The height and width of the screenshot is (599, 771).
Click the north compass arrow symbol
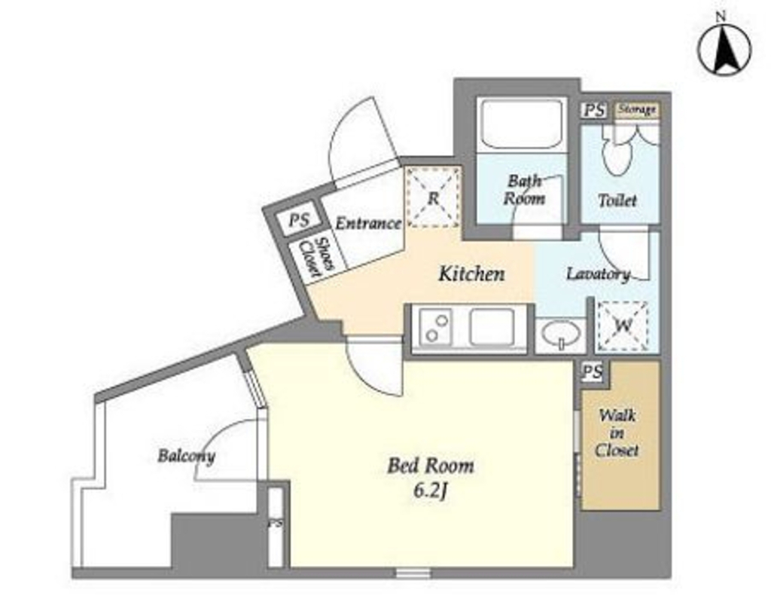pyautogui.click(x=724, y=49)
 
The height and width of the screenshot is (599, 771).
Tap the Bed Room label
pyautogui.click(x=431, y=466)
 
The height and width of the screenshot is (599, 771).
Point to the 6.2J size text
pyautogui.click(x=431, y=491)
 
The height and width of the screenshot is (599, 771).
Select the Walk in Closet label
pyautogui.click(x=617, y=433)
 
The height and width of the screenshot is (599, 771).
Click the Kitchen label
pyautogui.click(x=471, y=274)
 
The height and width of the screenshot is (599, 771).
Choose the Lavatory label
pyautogui.click(x=599, y=274)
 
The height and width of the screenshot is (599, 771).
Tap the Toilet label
pyautogui.click(x=617, y=200)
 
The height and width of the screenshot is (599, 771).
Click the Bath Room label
pyautogui.click(x=525, y=189)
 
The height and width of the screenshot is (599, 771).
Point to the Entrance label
pyautogui.click(x=368, y=224)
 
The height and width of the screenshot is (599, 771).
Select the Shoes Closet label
pyautogui.click(x=317, y=257)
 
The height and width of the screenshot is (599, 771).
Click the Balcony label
pyautogui.click(x=187, y=457)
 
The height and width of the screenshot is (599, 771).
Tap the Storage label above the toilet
pyautogui.click(x=637, y=108)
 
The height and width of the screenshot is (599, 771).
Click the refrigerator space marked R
pyautogui.click(x=434, y=197)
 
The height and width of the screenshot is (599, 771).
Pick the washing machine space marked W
pyautogui.click(x=623, y=325)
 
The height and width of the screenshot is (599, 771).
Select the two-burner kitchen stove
pyautogui.click(x=437, y=327)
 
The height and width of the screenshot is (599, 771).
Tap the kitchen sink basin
pyautogui.click(x=492, y=326)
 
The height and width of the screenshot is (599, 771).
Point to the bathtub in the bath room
pyautogui.click(x=522, y=125)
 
